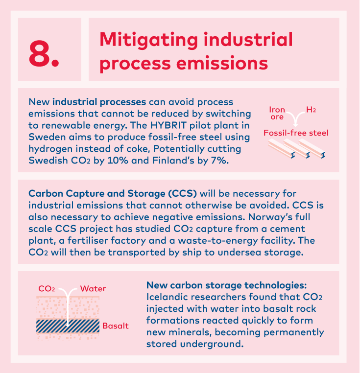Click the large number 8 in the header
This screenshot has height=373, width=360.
click(39, 53)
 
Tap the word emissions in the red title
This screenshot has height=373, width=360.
click(222, 63)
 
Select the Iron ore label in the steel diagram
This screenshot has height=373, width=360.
click(277, 113)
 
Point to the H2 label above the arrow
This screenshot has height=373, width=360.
click(311, 110)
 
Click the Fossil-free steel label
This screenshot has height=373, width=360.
click(296, 133)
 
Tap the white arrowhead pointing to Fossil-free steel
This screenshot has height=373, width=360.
click(295, 124)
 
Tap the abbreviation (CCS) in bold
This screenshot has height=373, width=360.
click(182, 193)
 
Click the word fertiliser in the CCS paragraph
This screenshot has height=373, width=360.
click(106, 240)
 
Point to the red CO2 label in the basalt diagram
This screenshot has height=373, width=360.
click(47, 289)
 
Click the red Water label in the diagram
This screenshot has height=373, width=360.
click(93, 288)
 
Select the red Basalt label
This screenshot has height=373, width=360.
click(116, 326)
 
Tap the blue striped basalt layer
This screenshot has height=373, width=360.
click(68, 326)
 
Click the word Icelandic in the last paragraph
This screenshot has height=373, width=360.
click(172, 297)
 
